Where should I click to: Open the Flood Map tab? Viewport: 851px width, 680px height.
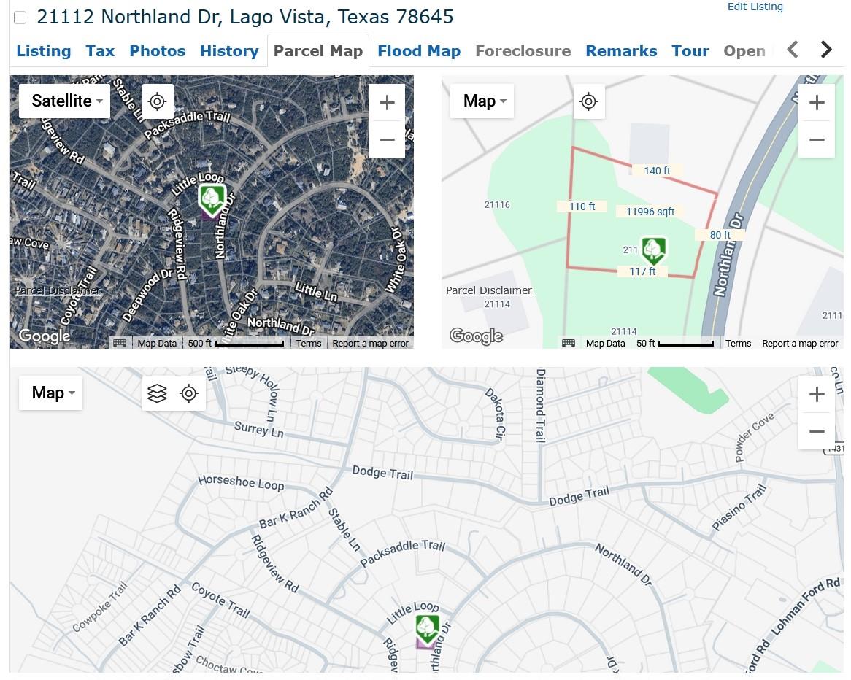point(418,51)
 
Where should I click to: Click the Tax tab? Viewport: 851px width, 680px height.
point(100,51)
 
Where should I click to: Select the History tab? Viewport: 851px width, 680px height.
point(229,51)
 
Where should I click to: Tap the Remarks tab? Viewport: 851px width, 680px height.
point(621,51)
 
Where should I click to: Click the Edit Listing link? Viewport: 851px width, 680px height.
point(755,7)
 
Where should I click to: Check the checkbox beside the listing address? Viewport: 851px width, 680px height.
point(20,18)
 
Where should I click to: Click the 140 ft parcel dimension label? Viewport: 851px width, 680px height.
point(657,171)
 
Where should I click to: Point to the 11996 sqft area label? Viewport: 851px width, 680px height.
point(650,212)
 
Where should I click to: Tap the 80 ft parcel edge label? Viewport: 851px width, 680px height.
point(720,235)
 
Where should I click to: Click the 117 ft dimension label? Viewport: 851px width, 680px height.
point(642,271)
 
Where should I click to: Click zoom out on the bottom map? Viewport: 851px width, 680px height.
point(817,431)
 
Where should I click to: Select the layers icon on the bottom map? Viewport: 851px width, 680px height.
point(157,394)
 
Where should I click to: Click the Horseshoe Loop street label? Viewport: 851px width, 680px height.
point(241,483)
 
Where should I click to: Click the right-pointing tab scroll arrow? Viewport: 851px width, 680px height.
point(826,50)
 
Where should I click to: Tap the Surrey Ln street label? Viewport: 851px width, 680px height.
point(258,430)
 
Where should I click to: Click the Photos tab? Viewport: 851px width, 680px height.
point(157,51)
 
